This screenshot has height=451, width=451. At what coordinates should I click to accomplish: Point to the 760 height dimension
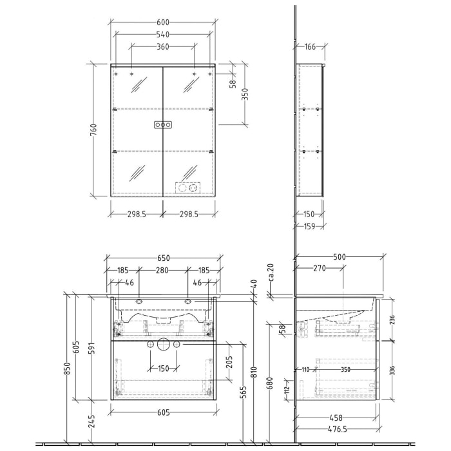pos(94,130)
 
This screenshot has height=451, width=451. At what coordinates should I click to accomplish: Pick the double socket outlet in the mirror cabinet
pos(187,188)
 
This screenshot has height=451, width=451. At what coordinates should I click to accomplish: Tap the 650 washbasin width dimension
pos(163,258)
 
